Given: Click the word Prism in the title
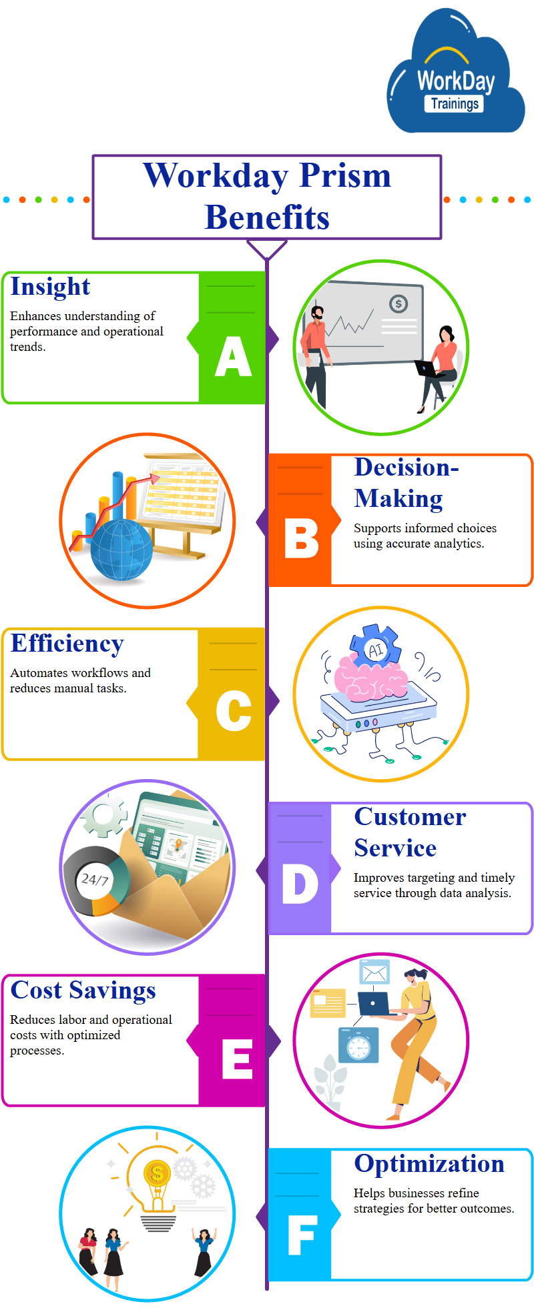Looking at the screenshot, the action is tap(345, 175).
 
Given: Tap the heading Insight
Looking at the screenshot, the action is tap(50, 287).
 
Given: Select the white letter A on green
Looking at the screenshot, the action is tap(234, 356).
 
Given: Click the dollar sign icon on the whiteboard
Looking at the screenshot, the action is tap(398, 304).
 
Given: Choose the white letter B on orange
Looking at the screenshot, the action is tap(301, 538).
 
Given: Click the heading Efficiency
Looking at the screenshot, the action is tap(67, 644).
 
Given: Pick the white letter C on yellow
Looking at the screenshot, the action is tap(234, 711).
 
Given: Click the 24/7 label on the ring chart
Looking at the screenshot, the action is tap(95, 880).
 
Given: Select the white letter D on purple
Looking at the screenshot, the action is tap(300, 884).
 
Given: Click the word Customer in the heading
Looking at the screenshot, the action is tap(410, 817).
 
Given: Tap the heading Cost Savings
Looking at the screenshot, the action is tap(83, 991).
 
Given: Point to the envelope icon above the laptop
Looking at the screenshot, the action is tap(374, 972).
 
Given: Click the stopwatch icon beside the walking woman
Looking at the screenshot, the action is tap(358, 1045).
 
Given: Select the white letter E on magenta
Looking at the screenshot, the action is tap(237, 1059).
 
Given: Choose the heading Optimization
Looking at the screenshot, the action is tap(429, 1164).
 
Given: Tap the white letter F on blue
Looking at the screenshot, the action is tap(301, 1235).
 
